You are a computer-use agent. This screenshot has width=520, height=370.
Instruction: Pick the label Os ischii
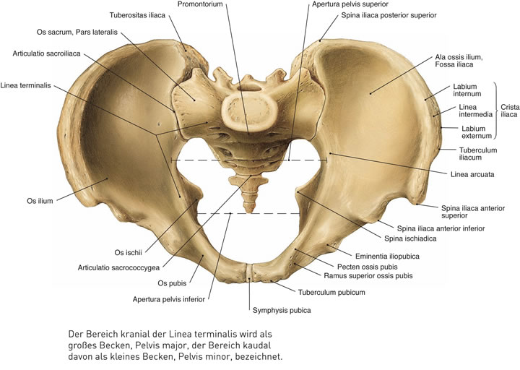[131, 252]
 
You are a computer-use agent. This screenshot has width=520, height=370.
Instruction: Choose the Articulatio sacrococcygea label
[118, 267]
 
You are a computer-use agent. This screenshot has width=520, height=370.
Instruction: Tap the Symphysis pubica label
[281, 311]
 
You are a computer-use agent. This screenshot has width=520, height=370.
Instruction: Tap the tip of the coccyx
[248, 210]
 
